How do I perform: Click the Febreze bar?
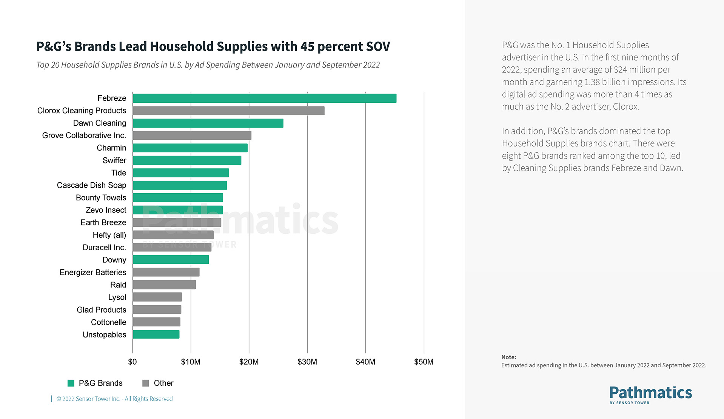(x=264, y=98)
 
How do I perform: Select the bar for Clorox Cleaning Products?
(x=228, y=111)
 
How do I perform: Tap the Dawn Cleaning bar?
(x=208, y=123)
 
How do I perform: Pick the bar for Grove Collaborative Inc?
(x=192, y=136)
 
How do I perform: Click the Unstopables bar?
(x=156, y=334)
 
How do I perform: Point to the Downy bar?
(x=171, y=260)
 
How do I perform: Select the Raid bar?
(x=164, y=285)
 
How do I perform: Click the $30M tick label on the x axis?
(x=307, y=362)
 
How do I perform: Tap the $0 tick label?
(x=132, y=362)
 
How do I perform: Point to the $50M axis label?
(x=424, y=362)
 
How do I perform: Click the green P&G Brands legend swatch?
(x=71, y=383)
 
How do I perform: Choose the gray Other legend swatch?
(x=146, y=383)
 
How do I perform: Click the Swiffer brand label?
(x=114, y=160)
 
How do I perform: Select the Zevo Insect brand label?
(x=106, y=210)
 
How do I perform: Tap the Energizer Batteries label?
(x=93, y=273)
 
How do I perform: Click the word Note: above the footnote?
(x=508, y=357)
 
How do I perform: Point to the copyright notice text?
(x=114, y=399)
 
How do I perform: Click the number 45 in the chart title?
(x=307, y=46)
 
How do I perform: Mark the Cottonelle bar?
(x=156, y=322)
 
